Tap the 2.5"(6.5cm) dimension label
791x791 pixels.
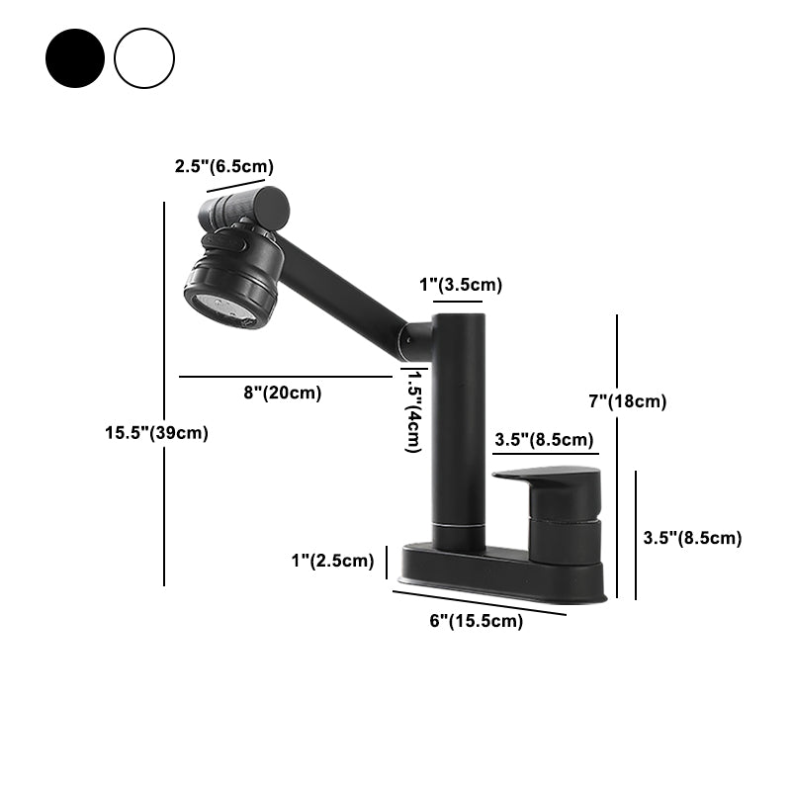tap(224, 166)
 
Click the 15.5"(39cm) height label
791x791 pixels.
tap(156, 432)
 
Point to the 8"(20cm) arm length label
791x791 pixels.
tap(282, 393)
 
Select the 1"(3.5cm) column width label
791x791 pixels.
tap(461, 286)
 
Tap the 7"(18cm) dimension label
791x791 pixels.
tap(627, 401)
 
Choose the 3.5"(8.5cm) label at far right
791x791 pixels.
tap(692, 538)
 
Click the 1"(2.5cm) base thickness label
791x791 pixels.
tap(332, 562)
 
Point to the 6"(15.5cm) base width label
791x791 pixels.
tap(478, 621)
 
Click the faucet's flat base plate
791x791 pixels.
tap(499, 571)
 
